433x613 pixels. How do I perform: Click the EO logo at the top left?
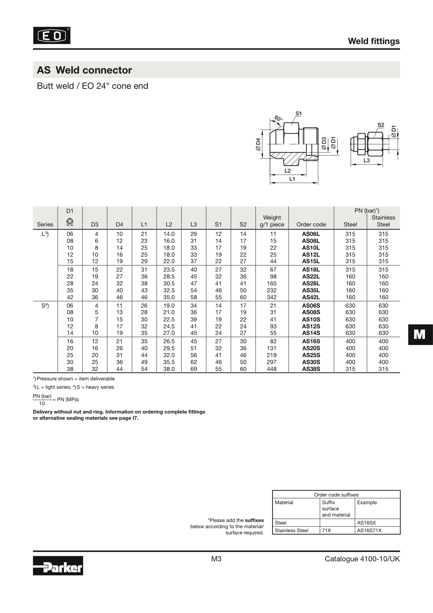52,36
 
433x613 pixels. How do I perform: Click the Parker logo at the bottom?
58,565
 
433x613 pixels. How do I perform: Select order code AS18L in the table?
311,270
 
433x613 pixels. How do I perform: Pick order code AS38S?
311,369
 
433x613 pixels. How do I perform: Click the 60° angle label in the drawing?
278,118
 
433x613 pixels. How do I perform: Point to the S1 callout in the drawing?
298,113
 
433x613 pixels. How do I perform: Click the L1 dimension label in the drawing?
292,179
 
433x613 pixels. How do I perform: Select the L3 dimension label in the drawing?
366,160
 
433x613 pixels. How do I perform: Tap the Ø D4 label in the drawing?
258,145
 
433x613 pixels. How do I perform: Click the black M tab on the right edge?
420,334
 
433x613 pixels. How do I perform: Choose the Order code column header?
311,224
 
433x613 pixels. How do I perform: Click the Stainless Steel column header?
383,221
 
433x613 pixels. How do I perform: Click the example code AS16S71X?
369,530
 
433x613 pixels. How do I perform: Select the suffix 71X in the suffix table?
326,530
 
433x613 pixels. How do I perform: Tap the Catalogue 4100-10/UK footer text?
362,559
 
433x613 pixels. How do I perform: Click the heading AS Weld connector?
84,70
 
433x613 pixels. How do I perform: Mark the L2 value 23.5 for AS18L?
169,270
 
